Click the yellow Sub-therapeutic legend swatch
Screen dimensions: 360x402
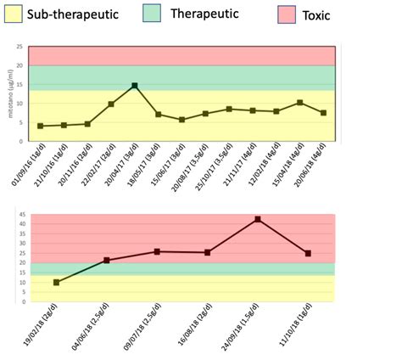(12, 14)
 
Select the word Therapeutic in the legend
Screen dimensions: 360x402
(204, 14)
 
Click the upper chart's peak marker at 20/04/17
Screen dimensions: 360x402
(135, 86)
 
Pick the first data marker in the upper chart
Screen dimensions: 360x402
(40, 126)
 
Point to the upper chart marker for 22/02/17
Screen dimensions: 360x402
(111, 104)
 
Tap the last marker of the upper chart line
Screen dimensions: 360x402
(323, 113)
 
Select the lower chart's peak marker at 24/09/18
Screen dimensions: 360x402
(257, 219)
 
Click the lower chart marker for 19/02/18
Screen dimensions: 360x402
(56, 282)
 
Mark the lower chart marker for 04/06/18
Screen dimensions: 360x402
(106, 260)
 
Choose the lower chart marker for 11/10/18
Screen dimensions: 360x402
(307, 253)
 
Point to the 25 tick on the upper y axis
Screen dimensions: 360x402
(20, 47)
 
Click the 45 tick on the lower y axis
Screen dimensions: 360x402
(22, 215)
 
